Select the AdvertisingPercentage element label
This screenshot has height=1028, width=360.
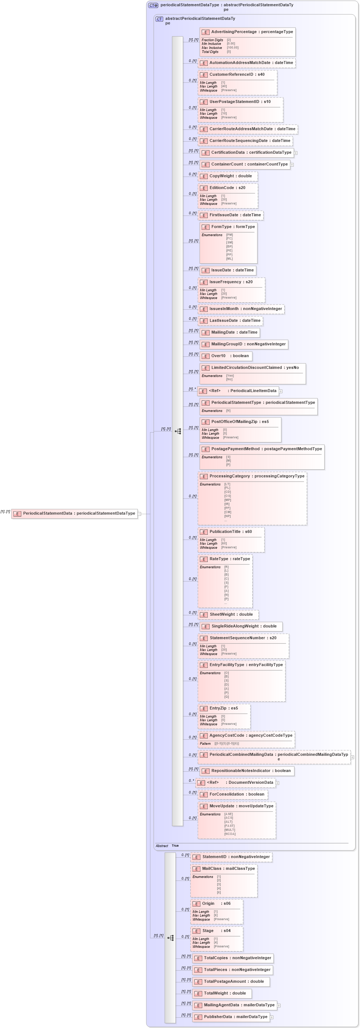click(252, 32)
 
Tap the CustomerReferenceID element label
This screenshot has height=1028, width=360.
click(236, 75)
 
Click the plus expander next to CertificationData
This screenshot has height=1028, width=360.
click(295, 153)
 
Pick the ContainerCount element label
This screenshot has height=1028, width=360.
click(249, 164)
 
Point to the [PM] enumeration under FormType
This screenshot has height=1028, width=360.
click(229, 235)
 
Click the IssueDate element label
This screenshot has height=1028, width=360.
click(232, 270)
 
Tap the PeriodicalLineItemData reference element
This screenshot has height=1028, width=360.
click(242, 391)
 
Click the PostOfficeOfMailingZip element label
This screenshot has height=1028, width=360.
click(239, 421)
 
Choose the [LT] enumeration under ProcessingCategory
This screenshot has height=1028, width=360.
click(227, 484)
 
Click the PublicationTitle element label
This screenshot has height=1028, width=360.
click(230, 531)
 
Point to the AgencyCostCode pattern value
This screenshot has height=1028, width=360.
click(226, 743)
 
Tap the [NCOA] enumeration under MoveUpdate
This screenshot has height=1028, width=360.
click(229, 834)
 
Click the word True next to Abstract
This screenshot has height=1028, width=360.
click(175, 846)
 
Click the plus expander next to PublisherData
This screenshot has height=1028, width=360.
click(271, 1017)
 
